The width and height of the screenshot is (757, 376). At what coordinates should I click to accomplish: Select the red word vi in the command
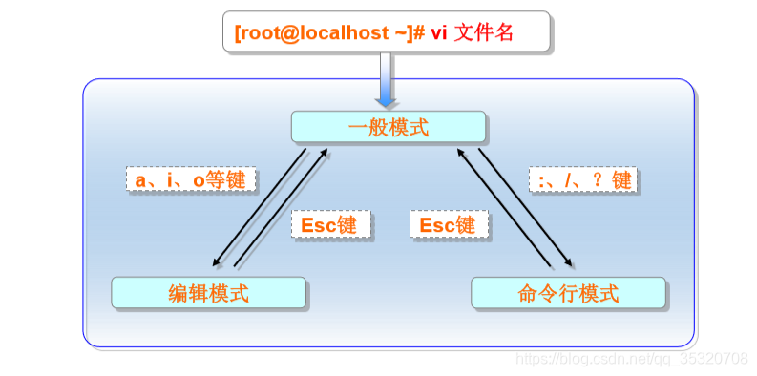pos(439,32)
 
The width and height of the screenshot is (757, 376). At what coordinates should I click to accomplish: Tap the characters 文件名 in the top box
pos(485,32)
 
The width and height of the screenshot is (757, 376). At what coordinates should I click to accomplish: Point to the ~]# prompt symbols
pos(404,32)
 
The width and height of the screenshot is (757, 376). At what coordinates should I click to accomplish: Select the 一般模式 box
pos(389,126)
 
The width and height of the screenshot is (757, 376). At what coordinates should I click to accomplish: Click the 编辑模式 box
pos(208,293)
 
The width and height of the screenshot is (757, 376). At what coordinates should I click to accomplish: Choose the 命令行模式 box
pos(568,293)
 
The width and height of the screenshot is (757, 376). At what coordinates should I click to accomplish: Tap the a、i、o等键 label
pos(190,179)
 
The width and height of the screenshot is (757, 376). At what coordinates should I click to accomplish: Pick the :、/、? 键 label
pos(581,179)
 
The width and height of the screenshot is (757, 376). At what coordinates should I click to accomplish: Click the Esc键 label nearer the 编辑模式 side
pos(328,224)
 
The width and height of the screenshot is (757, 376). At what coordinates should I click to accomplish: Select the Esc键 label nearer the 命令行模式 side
pos(449,224)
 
